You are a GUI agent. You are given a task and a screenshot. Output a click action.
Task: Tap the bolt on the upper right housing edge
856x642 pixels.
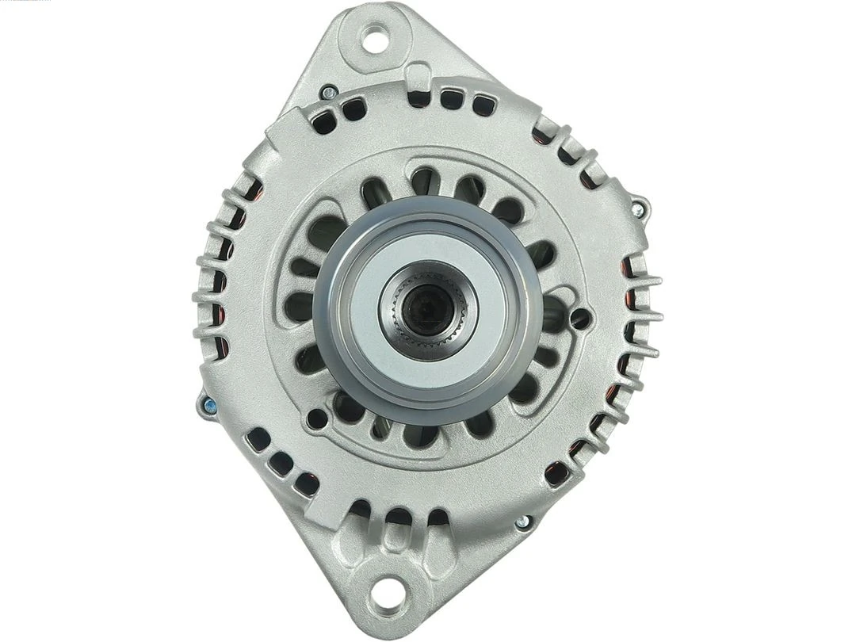click(637, 209)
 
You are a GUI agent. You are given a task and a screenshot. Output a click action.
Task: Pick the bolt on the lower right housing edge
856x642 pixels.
click(522, 522)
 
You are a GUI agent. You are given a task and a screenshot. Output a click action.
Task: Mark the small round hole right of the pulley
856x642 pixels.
click(580, 319)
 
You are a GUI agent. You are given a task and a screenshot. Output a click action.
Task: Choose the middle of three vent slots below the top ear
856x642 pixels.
click(451, 100)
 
